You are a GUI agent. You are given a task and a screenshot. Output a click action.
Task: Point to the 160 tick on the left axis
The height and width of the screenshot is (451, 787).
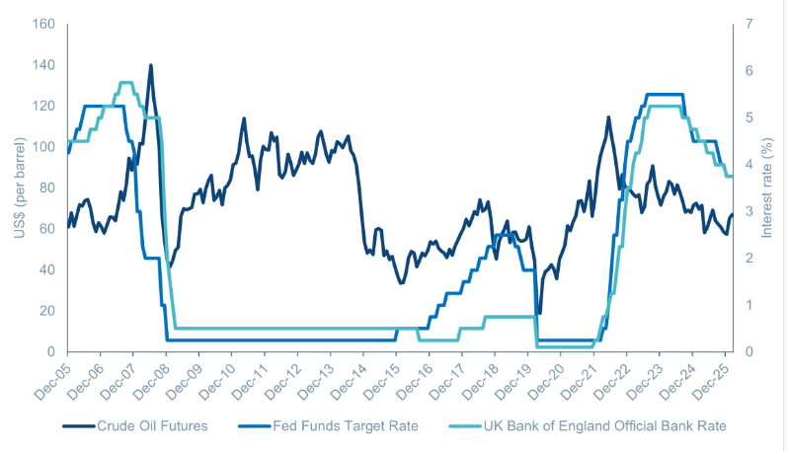click(44, 24)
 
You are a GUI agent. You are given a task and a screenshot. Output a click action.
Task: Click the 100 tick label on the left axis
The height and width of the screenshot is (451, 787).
click(44, 147)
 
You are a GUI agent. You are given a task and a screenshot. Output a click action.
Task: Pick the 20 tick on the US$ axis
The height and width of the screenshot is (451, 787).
click(47, 311)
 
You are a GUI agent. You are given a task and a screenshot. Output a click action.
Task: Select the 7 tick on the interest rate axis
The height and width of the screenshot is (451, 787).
click(748, 24)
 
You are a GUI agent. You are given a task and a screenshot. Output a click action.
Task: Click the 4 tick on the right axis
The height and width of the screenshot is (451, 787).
click(748, 164)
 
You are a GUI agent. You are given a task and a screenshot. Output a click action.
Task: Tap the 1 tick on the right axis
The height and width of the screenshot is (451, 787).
click(748, 305)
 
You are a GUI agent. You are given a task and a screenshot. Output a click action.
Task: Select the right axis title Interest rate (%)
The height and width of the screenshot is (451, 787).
click(769, 188)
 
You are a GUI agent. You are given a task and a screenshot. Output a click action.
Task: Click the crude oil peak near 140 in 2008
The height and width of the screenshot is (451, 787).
click(150, 65)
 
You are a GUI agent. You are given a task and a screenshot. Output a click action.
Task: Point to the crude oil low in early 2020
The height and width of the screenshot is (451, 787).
click(538, 314)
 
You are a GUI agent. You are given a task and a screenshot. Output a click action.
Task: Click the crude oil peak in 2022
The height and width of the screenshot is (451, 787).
click(608, 117)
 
